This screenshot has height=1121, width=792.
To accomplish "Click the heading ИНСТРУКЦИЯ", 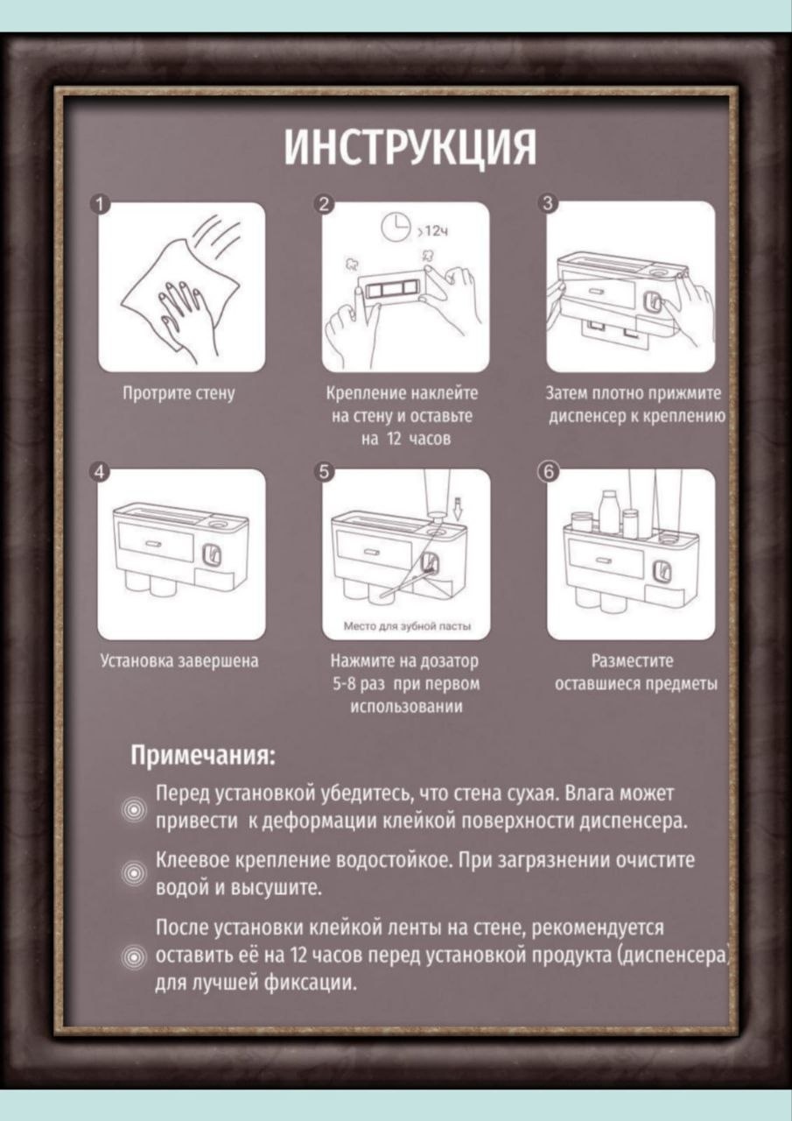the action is point(410,147).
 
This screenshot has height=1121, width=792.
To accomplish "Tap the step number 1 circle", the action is point(100,205).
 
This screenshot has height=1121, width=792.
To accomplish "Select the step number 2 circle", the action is point(325,204).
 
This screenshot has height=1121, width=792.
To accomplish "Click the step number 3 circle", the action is point(549,204).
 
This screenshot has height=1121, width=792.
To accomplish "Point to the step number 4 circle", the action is point(100,472).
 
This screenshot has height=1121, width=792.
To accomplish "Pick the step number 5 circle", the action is point(325,472).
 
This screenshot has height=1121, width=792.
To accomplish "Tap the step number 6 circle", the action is point(549,472).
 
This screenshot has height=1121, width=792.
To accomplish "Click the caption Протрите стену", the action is point(179,393).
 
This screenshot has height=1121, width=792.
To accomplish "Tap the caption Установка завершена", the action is point(179,661).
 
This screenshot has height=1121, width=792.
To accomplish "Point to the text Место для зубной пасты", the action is point(407,626).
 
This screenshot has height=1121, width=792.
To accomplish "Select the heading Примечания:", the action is point(203,755).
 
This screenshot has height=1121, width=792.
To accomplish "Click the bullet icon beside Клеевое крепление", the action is point(134,874).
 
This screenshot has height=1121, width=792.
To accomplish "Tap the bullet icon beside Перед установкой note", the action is point(134,810).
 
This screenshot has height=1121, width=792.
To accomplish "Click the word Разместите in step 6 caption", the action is point(632,661).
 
